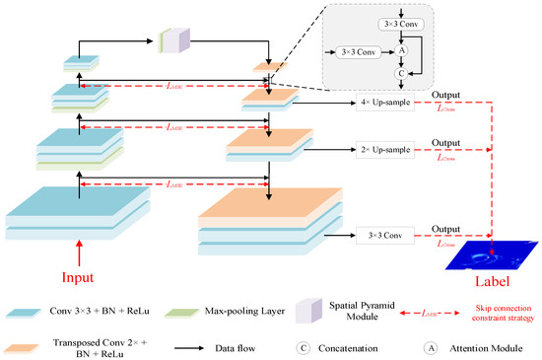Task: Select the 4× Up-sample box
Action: click(384, 104)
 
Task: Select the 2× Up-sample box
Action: click(384, 150)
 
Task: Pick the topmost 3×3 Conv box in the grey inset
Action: click(400, 23)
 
